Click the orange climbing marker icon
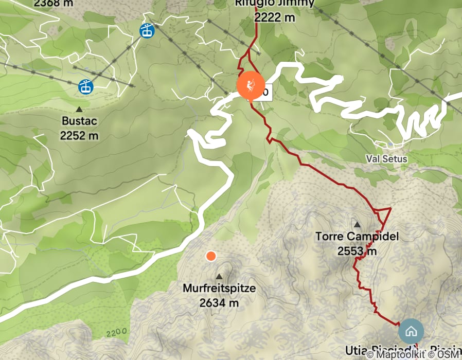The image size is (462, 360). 251,85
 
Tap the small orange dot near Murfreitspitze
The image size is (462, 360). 210,256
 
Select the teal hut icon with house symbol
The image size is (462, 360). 411,331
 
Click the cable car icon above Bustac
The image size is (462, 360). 85,87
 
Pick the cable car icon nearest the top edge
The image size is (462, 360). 147,31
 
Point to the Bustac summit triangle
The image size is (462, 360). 79,110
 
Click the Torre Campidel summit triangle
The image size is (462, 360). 357,225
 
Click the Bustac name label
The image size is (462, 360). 79,123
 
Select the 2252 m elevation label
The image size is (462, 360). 79,136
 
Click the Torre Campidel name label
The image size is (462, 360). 357,237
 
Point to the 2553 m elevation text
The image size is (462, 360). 357,251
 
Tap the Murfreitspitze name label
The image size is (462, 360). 219,289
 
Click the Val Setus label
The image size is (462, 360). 387,159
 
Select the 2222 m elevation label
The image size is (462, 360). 275,17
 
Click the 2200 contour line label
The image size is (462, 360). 117,333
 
